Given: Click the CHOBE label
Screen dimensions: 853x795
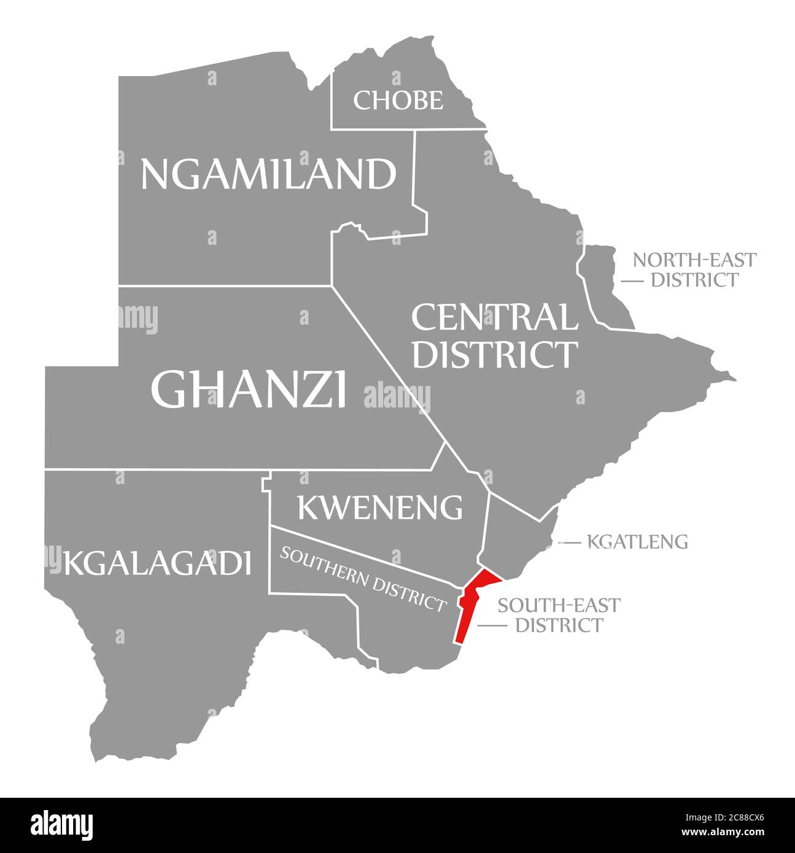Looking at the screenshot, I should point(398,100).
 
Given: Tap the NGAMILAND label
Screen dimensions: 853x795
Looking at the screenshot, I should point(268,174).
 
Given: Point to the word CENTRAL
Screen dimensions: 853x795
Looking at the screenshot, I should point(494,317).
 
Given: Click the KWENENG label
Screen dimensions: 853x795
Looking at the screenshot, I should point(379,507).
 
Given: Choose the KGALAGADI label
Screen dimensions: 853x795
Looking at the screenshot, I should point(157,563).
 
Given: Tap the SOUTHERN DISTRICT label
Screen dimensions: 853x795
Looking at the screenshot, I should point(363,578).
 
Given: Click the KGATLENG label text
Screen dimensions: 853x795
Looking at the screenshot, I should point(637,542).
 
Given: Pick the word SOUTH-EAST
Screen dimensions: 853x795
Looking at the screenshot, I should point(559,605).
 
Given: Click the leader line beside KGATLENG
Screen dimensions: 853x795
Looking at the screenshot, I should point(569,542).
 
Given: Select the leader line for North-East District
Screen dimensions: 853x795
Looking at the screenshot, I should point(632,280).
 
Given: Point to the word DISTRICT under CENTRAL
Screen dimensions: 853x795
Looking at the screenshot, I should point(494,354).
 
